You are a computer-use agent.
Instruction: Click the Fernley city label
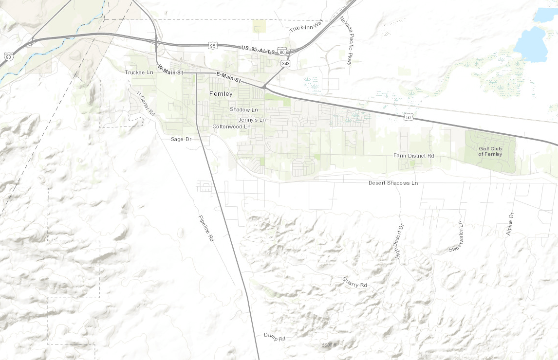tap(221, 93)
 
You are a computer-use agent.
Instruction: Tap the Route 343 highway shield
tap(285, 64)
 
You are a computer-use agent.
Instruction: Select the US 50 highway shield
tap(408, 117)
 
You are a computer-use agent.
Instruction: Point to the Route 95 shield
tap(212, 46)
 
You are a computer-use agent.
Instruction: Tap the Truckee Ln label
tap(139, 72)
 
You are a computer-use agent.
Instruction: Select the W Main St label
tap(169, 69)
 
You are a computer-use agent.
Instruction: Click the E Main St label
tap(228, 76)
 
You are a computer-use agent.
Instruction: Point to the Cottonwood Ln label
tap(231, 126)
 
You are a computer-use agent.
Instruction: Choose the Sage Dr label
tap(182, 139)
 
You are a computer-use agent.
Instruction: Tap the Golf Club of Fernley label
tap(490, 151)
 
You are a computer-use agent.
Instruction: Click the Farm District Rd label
tap(413, 156)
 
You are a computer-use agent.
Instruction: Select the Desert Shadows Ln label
tap(393, 183)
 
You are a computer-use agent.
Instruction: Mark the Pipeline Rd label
tap(206, 229)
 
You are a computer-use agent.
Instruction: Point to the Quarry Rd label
tap(354, 282)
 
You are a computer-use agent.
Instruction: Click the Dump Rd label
tap(274, 337)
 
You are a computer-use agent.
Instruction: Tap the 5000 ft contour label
tap(329, 345)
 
